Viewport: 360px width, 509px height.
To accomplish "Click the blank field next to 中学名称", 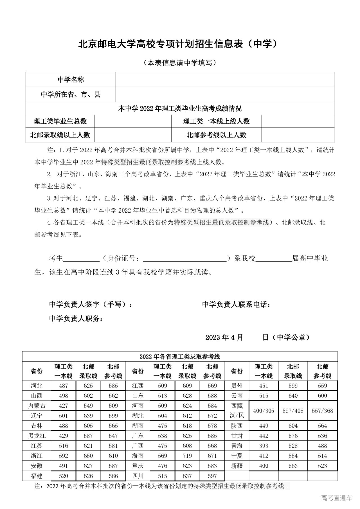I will click(x=225, y=80).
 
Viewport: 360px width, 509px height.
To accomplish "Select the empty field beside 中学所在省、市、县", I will click(x=225, y=94).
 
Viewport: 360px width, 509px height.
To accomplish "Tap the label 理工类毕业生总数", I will click(x=60, y=121).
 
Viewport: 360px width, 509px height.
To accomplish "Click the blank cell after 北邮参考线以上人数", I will click(x=298, y=135).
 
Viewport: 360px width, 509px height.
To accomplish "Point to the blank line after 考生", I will click(x=82, y=259).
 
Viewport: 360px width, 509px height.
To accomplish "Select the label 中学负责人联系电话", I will click(x=236, y=305).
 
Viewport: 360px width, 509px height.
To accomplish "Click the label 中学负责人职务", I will click(x=76, y=319).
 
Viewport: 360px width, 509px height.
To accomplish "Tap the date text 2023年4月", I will click(x=224, y=337).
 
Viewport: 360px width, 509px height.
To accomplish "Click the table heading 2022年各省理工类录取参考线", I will click(x=180, y=357).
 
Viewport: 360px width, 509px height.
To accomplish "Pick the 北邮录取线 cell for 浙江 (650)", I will click(x=88, y=456).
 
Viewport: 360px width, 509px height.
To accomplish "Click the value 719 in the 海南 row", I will click(x=187, y=456).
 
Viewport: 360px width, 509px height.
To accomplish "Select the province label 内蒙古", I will click(x=37, y=406).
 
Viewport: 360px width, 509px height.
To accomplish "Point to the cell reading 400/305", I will click(x=264, y=411).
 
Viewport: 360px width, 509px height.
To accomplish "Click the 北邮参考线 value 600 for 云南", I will click(x=322, y=396).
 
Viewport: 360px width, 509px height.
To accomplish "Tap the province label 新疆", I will click(x=237, y=466).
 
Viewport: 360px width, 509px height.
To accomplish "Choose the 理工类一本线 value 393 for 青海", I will click(x=264, y=446).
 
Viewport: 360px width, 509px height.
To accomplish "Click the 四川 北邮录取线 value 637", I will click(x=187, y=476).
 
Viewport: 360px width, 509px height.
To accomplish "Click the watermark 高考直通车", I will click(x=336, y=498).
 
